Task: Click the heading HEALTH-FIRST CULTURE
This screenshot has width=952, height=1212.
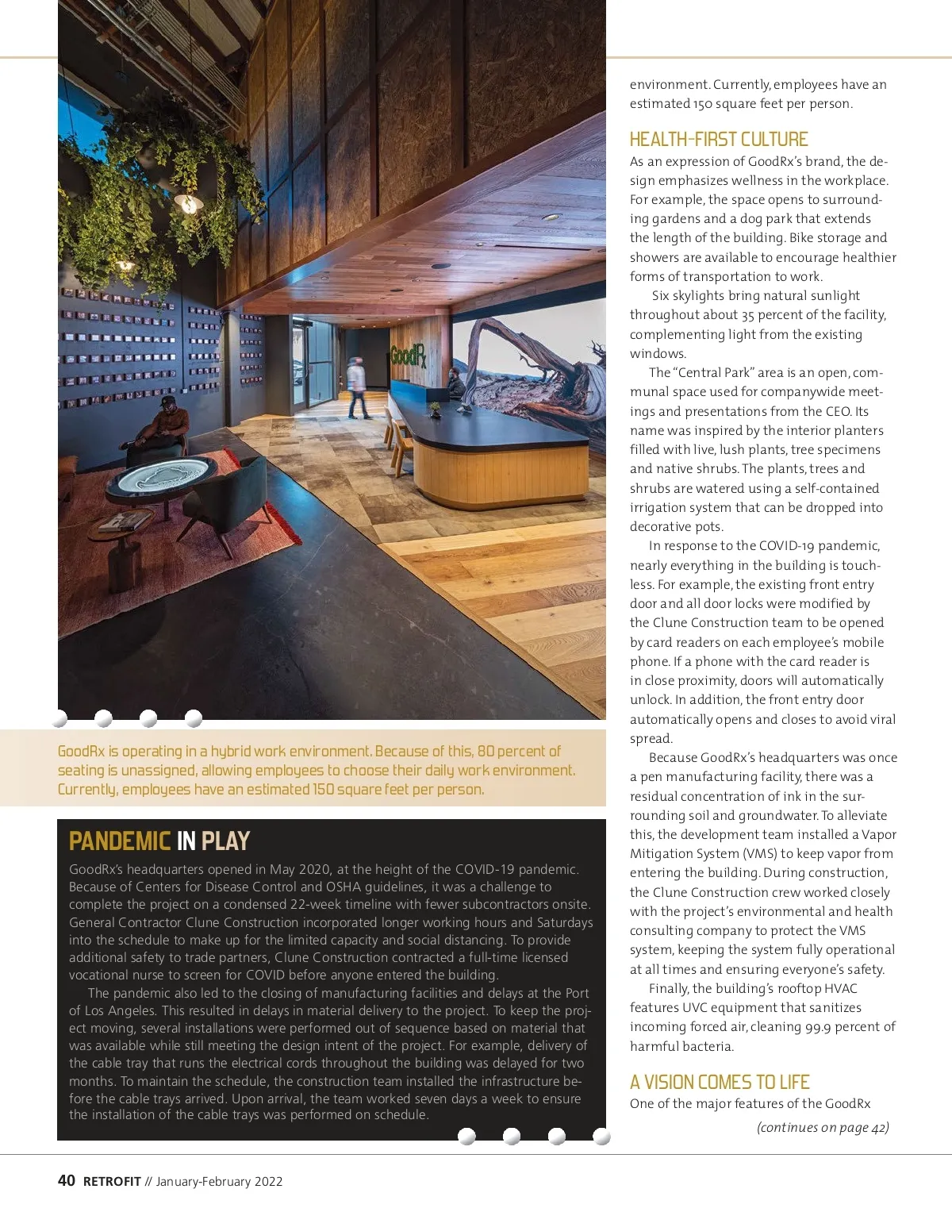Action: tap(718, 140)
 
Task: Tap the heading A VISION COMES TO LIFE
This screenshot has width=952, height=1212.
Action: tap(719, 1082)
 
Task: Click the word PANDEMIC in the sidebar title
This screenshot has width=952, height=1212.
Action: tap(120, 841)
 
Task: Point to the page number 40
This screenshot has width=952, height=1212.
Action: tap(67, 1180)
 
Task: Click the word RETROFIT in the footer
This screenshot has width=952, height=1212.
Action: tap(112, 1181)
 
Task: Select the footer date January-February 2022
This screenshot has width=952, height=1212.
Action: tap(219, 1181)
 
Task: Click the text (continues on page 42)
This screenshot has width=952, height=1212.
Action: tap(823, 1127)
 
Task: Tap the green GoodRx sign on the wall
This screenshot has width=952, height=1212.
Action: tap(408, 355)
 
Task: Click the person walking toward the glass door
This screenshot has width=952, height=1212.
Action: tap(357, 387)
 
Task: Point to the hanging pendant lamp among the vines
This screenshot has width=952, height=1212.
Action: tap(188, 203)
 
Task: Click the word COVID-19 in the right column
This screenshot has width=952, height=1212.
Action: tap(786, 546)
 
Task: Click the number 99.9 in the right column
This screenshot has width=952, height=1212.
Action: tap(825, 1027)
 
